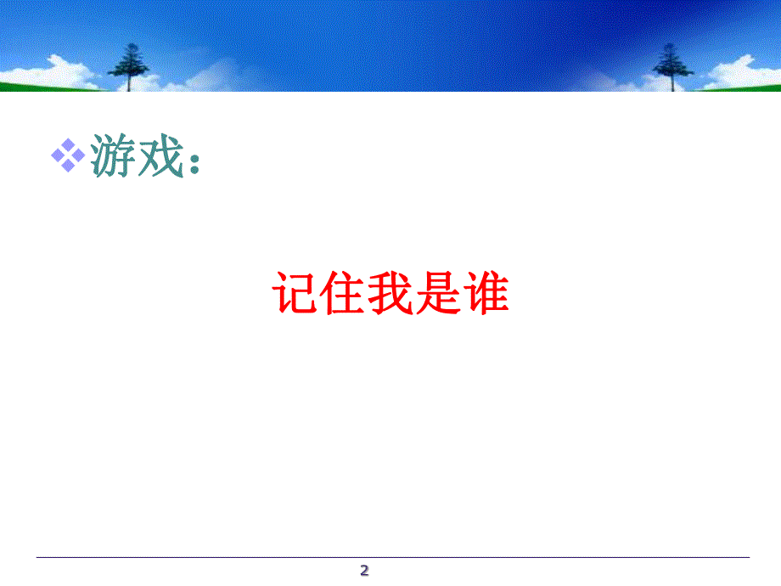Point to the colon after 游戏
(x=194, y=162)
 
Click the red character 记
(x=295, y=293)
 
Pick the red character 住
(x=342, y=293)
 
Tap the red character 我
(x=390, y=293)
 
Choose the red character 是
(x=437, y=293)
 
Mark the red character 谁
(x=485, y=293)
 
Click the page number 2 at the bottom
(x=365, y=571)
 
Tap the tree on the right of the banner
(x=672, y=63)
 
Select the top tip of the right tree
(x=671, y=42)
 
